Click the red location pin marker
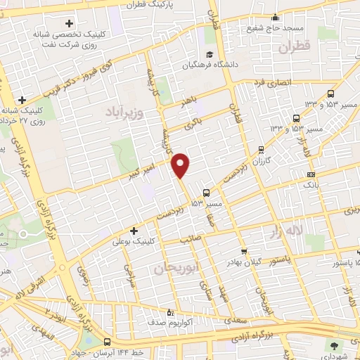pyautogui.click(x=181, y=165)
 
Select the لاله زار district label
pyautogui.click(x=290, y=229)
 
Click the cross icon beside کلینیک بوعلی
pyautogui.click(x=134, y=231)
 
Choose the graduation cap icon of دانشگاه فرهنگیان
pyautogui.click(x=209, y=55)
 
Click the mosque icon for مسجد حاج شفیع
pyautogui.click(x=276, y=18)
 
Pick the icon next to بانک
pyautogui.click(x=311, y=174)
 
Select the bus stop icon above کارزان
pyautogui.click(x=262, y=149)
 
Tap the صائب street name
pyautogui.click(x=188, y=238)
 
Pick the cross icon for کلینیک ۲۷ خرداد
pyautogui.click(x=22, y=100)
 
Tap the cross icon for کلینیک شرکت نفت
pyautogui.click(x=68, y=23)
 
